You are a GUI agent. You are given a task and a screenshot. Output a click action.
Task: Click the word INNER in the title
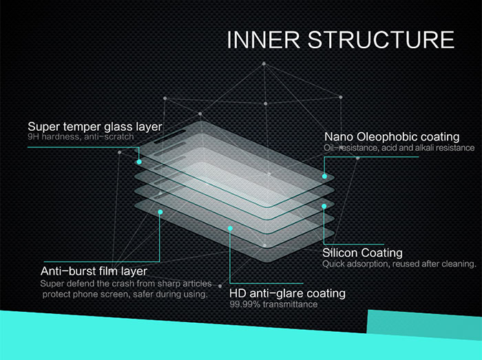[264, 40]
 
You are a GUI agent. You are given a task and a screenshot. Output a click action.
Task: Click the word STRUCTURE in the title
[381, 40]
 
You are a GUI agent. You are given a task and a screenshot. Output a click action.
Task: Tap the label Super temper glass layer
[95, 127]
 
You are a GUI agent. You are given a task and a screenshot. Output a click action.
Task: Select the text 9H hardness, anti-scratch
[81, 137]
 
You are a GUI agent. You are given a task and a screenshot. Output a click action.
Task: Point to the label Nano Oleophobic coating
[392, 137]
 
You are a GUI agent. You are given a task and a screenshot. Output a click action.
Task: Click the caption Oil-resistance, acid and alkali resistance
[399, 148]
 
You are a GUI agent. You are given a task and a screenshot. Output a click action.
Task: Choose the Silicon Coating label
[362, 253]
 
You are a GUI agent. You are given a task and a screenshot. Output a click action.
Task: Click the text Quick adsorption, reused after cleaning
[399, 264]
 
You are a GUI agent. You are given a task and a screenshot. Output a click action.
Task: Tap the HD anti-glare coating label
[287, 293]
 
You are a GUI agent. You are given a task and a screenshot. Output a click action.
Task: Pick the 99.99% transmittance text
[273, 304]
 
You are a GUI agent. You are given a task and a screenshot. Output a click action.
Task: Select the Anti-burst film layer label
[94, 271]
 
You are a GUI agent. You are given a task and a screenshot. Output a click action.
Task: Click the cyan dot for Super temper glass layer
[139, 162]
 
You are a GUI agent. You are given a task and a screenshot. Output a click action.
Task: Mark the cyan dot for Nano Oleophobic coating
[324, 176]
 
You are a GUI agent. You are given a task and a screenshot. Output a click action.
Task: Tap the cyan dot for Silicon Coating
[324, 207]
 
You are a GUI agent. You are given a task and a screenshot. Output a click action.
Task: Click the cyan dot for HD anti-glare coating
[230, 229]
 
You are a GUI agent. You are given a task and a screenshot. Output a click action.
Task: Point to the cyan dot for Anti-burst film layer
[160, 212]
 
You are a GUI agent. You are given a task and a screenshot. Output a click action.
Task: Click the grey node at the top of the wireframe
[264, 63]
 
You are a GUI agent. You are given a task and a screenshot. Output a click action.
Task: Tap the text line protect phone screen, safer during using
[125, 295]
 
